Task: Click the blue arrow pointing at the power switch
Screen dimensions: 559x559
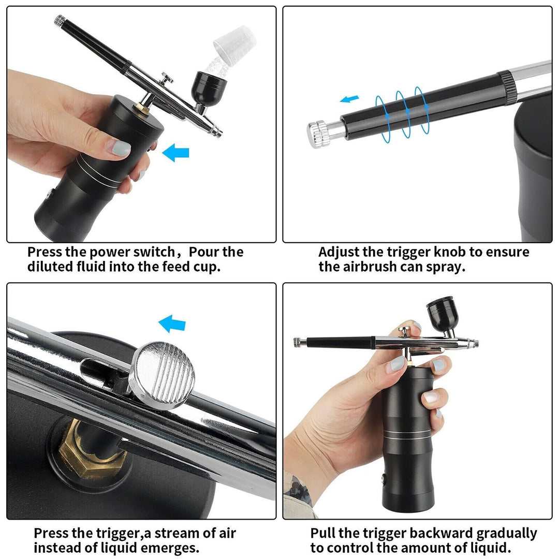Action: tap(175, 153)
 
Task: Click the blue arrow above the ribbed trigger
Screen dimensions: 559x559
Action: tap(172, 324)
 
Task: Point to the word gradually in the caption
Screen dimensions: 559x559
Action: tap(506, 534)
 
